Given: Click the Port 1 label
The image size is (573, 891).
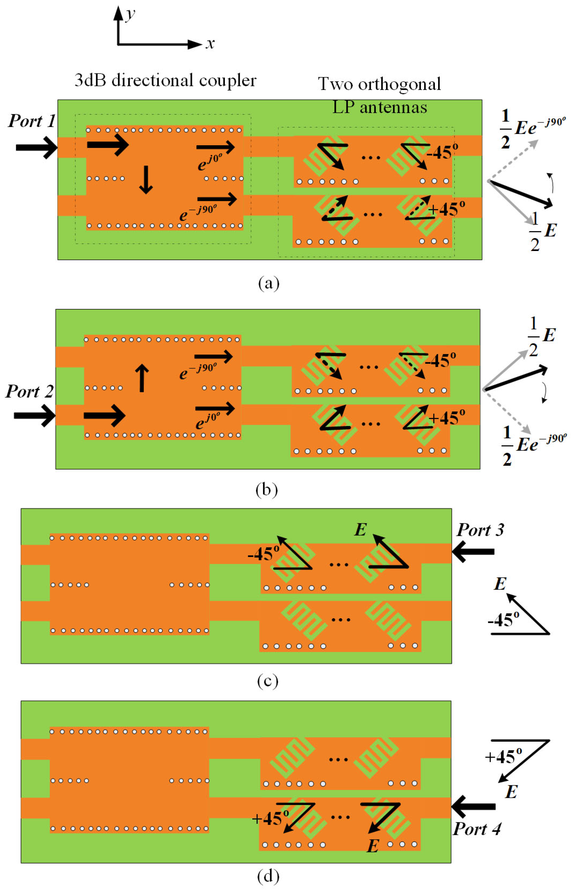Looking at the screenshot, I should click(32, 121).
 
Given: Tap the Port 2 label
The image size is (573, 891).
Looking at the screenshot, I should click(29, 391).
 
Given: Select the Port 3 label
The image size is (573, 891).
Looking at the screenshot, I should click(480, 530).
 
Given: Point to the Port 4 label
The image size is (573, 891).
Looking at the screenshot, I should click(477, 829).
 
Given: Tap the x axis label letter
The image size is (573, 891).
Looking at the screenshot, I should click(210, 44).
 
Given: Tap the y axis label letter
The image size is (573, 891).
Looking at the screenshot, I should click(130, 14).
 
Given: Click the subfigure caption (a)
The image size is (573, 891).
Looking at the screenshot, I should click(268, 283).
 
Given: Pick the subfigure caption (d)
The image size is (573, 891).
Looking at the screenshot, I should click(268, 877).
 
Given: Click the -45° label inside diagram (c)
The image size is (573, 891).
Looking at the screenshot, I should click(263, 554).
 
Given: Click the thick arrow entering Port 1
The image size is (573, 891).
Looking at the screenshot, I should click(36, 147).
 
